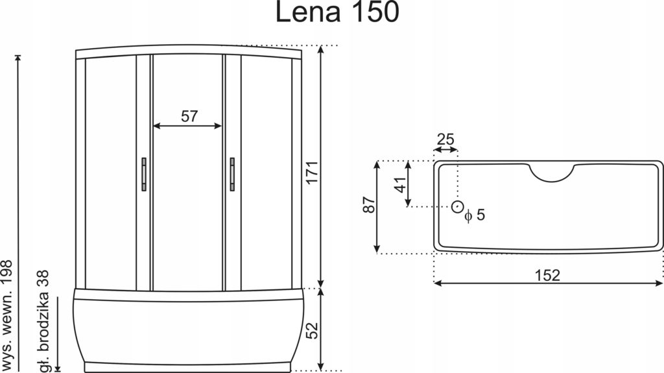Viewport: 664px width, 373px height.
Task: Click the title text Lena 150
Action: coord(337,12)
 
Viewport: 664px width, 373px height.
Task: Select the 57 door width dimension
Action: coord(188,117)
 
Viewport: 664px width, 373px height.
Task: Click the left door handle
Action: coord(143,174)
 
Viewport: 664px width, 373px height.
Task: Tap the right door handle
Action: coord(231,174)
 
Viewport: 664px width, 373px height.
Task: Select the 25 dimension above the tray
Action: coord(445,138)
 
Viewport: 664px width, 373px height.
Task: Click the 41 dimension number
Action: coord(400,185)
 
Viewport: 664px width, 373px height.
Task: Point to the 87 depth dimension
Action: coord(367,206)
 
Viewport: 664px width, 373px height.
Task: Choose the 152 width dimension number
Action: coord(548,275)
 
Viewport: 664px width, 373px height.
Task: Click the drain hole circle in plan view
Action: coord(458,207)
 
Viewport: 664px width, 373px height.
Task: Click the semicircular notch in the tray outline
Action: coord(553,173)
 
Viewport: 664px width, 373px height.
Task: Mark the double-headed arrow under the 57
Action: coord(187,127)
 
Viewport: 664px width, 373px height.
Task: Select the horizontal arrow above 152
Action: coord(548,283)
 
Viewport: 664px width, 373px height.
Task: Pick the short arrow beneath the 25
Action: coord(445,149)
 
